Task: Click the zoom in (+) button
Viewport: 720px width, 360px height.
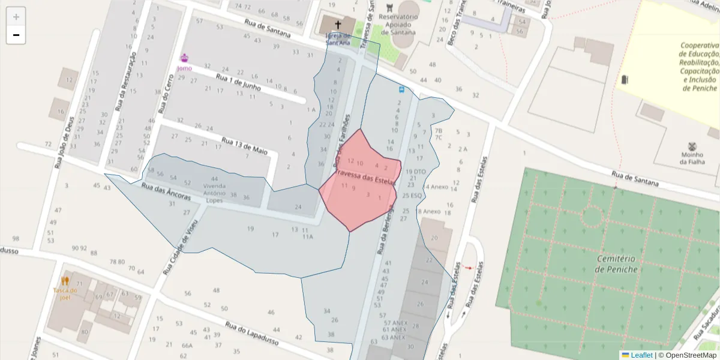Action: tap(16, 17)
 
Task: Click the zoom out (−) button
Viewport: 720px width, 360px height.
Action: tap(16, 35)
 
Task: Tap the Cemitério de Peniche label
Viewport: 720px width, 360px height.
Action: tap(616, 264)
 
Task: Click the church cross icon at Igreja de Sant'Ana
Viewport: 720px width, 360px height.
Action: tap(338, 25)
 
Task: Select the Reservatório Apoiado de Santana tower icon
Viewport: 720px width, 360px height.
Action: tap(391, 8)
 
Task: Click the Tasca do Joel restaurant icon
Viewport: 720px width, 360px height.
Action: tap(65, 280)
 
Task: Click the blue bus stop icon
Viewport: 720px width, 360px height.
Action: tap(401, 89)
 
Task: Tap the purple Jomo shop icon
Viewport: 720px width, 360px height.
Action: tap(184, 58)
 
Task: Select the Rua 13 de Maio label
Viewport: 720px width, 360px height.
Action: tap(244, 146)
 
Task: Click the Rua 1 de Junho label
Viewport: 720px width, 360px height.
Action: tap(238, 82)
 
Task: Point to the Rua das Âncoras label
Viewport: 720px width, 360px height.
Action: tap(166, 192)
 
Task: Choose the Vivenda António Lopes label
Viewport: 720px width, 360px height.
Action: tap(214, 193)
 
